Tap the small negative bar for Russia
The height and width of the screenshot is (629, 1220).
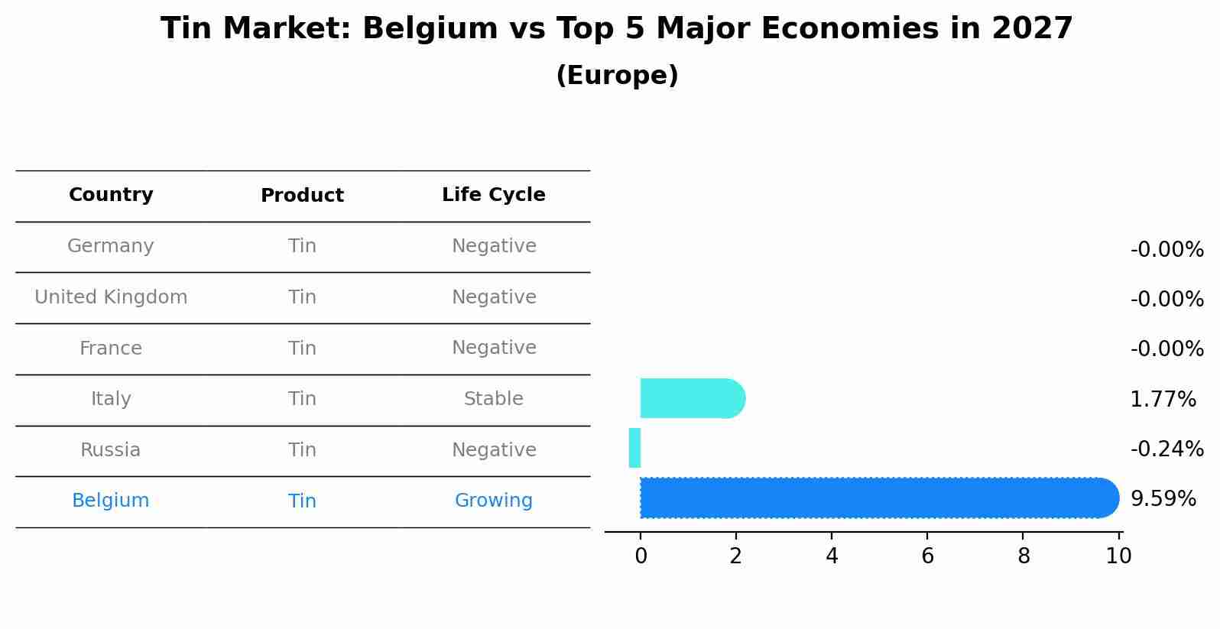(634, 448)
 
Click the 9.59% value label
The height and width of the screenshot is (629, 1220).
(1163, 499)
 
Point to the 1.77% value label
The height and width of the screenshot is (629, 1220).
(1163, 399)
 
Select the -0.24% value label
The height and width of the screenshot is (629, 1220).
(1166, 449)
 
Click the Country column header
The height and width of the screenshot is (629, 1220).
(111, 195)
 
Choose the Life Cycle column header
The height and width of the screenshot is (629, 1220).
(494, 195)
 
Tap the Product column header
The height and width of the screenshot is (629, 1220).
(302, 196)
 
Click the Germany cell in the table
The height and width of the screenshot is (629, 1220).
(111, 246)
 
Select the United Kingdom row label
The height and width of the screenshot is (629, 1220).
(111, 297)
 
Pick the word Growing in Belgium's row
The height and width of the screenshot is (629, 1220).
(494, 501)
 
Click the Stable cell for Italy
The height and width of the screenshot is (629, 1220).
(494, 399)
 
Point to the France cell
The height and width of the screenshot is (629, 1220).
(111, 349)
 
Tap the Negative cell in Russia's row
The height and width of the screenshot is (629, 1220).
(494, 450)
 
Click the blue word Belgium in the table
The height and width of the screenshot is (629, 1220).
(111, 501)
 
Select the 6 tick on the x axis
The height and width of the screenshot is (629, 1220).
(927, 556)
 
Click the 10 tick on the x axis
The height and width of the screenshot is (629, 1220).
(1118, 556)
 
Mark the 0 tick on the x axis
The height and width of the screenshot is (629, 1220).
(641, 556)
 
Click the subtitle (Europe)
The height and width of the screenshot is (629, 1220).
(617, 76)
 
